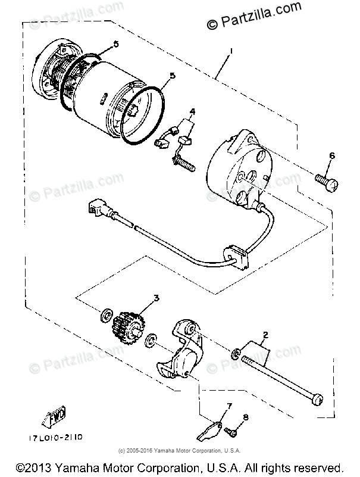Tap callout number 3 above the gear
[156, 298]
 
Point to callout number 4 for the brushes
[193, 111]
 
